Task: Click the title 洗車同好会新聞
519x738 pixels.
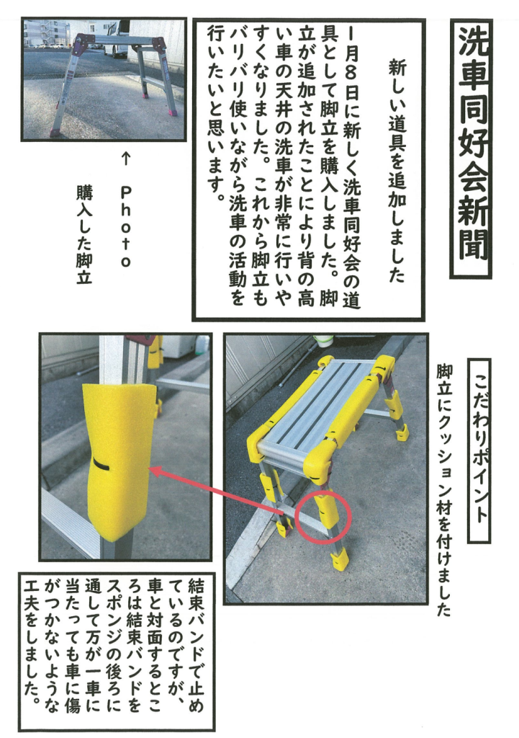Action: tap(472, 148)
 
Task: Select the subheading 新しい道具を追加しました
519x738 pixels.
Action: tap(397, 172)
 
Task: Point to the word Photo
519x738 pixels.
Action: tap(125, 226)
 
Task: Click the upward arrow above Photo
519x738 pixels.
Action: tap(125, 159)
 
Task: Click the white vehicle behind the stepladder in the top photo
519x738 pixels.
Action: tap(116, 38)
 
